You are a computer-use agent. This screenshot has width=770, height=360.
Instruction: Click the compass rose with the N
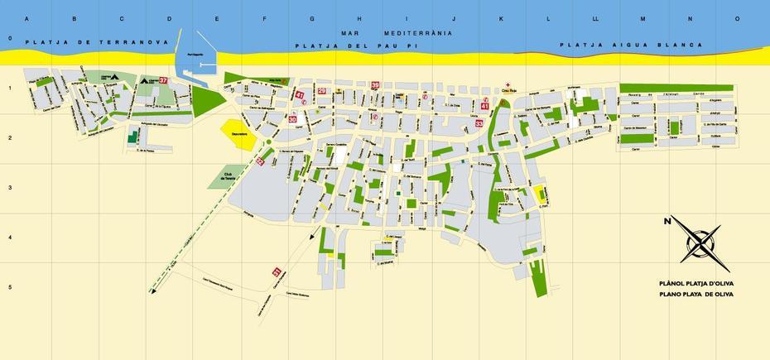click(x=700, y=243)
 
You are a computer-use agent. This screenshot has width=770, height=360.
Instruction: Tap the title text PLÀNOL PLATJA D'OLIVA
click(x=696, y=283)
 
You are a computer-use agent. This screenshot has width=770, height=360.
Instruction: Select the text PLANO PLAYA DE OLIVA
click(x=696, y=294)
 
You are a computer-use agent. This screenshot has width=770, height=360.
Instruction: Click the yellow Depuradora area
click(x=238, y=134)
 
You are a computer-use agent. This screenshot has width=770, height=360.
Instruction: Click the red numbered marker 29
click(x=322, y=91)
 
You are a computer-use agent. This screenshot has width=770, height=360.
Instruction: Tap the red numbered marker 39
click(x=375, y=85)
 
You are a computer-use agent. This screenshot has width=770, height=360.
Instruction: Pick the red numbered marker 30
click(x=292, y=119)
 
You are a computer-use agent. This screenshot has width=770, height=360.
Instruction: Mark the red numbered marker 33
click(x=479, y=123)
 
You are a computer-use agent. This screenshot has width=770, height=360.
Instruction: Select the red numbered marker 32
click(x=260, y=161)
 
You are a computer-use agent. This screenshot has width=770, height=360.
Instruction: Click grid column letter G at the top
click(x=312, y=17)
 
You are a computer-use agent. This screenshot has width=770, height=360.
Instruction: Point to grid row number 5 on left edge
click(x=9, y=287)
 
